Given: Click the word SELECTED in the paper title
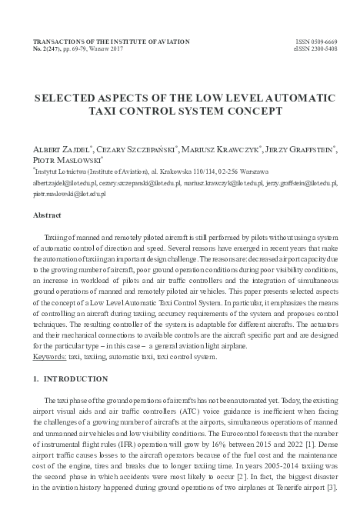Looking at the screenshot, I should point(72,99).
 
